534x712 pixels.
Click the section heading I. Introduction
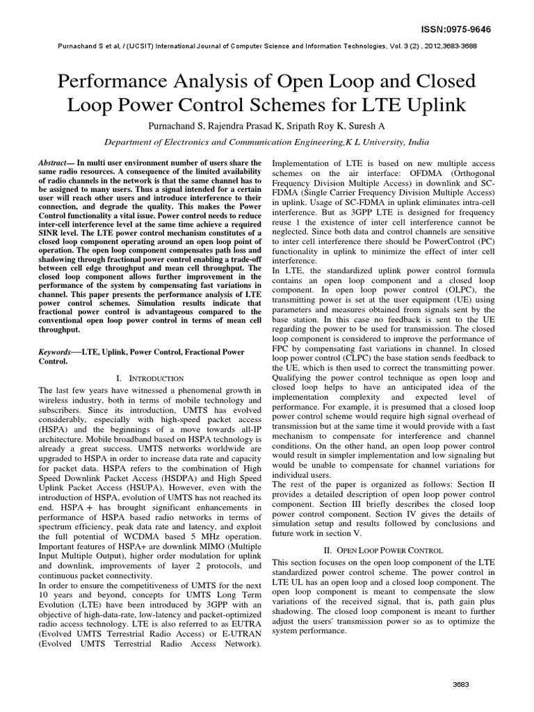pos(149,378)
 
